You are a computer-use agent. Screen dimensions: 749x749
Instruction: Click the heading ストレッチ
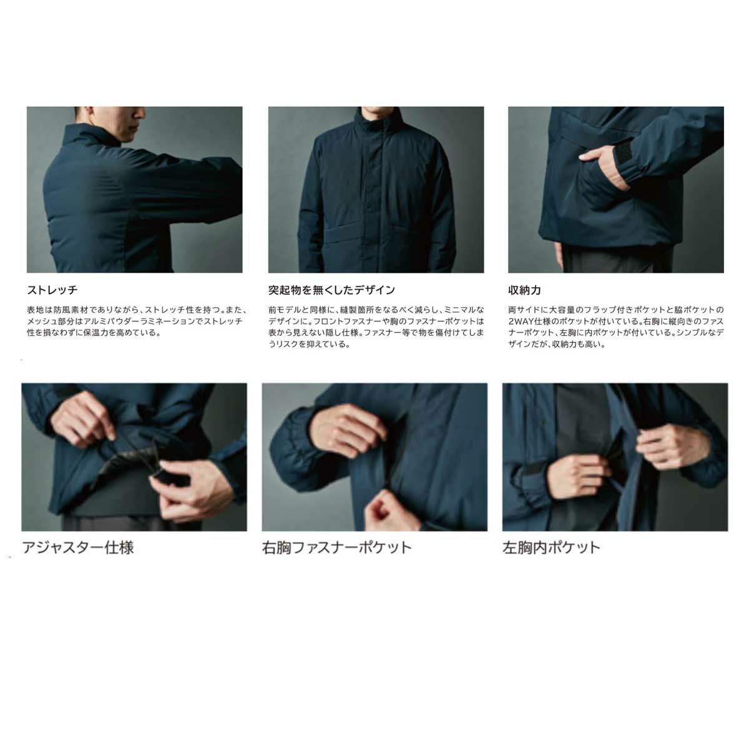tap(52, 290)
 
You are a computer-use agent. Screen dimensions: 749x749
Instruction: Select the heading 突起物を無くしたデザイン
tap(331, 290)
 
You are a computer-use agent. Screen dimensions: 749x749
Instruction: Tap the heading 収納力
tap(524, 290)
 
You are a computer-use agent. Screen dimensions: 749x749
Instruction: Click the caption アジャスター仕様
tap(78, 547)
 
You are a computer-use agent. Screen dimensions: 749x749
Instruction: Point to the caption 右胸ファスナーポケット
tap(336, 547)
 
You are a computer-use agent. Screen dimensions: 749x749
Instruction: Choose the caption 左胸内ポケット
tap(551, 547)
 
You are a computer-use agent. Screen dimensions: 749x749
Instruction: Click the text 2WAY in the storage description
tap(522, 321)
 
